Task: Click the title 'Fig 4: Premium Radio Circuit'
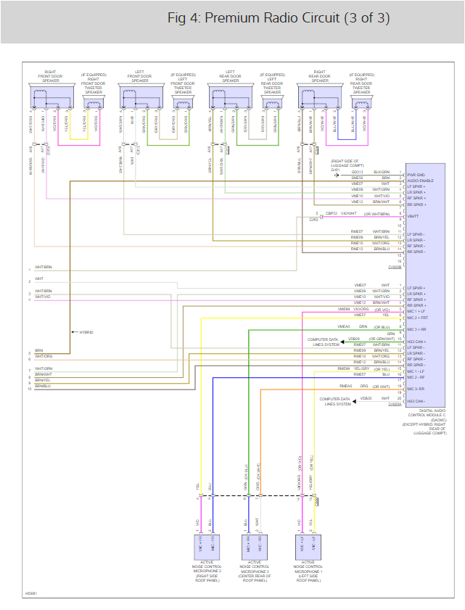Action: [279, 18]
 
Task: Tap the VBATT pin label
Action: [414, 215]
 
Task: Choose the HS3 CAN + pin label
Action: [417, 341]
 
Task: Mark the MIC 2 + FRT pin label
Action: [419, 318]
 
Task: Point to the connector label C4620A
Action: [395, 405]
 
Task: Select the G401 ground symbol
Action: [336, 174]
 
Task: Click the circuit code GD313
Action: [358, 173]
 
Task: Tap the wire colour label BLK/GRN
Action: [382, 173]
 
